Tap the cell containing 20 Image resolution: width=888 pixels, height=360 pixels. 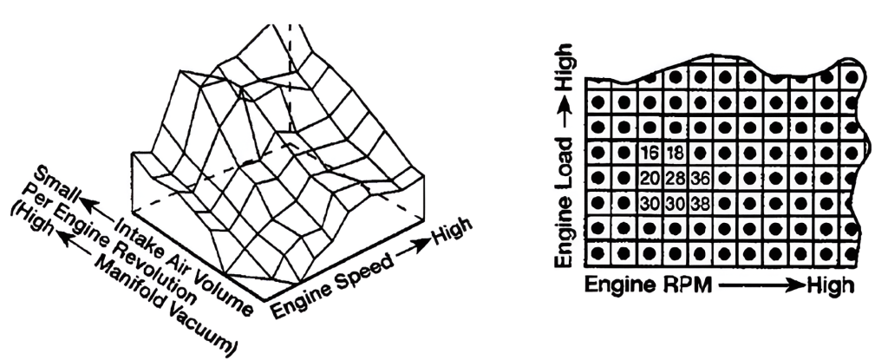tap(650, 180)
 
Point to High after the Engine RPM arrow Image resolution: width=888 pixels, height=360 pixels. tap(831, 285)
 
